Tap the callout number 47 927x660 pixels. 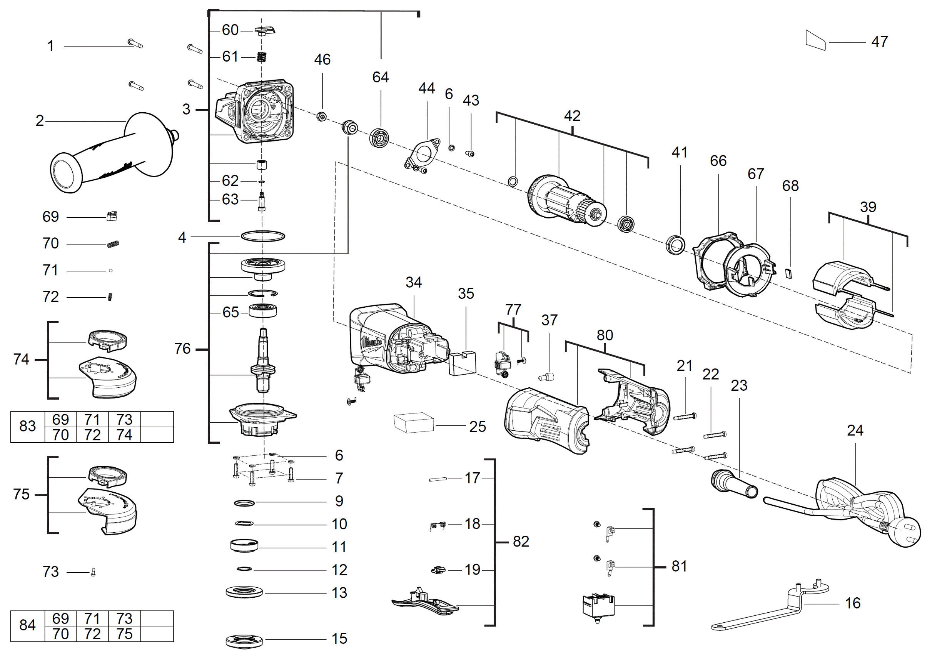[879, 42]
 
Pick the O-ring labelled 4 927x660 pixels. [263, 236]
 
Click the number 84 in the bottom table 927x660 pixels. [28, 625]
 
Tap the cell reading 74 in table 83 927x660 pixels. [124, 435]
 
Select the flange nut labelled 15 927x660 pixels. [244, 641]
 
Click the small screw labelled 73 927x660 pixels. [93, 572]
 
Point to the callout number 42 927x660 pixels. [572, 116]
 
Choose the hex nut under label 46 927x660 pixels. [321, 117]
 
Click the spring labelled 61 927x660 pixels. [262, 57]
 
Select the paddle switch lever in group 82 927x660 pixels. [425, 602]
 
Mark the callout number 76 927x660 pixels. [182, 349]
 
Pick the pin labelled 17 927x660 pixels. [438, 480]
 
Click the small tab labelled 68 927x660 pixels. [789, 273]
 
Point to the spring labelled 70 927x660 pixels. [113, 244]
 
